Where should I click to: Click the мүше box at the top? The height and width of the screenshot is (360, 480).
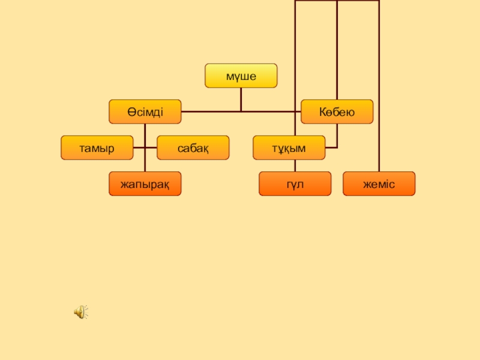(x=241, y=76)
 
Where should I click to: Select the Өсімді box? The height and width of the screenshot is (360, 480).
(x=145, y=112)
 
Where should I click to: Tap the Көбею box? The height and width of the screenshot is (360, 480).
(x=337, y=112)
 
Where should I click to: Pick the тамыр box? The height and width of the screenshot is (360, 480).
(x=97, y=148)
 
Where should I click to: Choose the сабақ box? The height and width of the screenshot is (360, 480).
(x=193, y=148)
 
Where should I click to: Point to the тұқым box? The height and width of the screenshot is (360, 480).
(x=289, y=148)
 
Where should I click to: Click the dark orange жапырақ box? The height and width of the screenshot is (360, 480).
(x=145, y=184)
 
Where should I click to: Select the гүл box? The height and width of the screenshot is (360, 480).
(x=295, y=184)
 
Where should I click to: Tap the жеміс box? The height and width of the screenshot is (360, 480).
(x=379, y=184)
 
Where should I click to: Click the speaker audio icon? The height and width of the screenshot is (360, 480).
(x=80, y=311)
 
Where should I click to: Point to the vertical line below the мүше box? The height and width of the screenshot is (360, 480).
(x=241, y=99)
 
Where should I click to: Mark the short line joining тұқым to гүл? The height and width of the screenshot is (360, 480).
(x=295, y=166)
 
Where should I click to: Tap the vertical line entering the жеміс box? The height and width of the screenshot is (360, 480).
(x=379, y=90)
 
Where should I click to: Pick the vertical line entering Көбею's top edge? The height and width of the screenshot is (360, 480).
(x=337, y=48)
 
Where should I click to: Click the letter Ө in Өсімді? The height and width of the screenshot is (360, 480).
(x=130, y=112)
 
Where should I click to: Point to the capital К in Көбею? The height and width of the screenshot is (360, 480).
(x=322, y=112)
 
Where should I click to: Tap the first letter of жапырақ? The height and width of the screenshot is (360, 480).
(x=123, y=184)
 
